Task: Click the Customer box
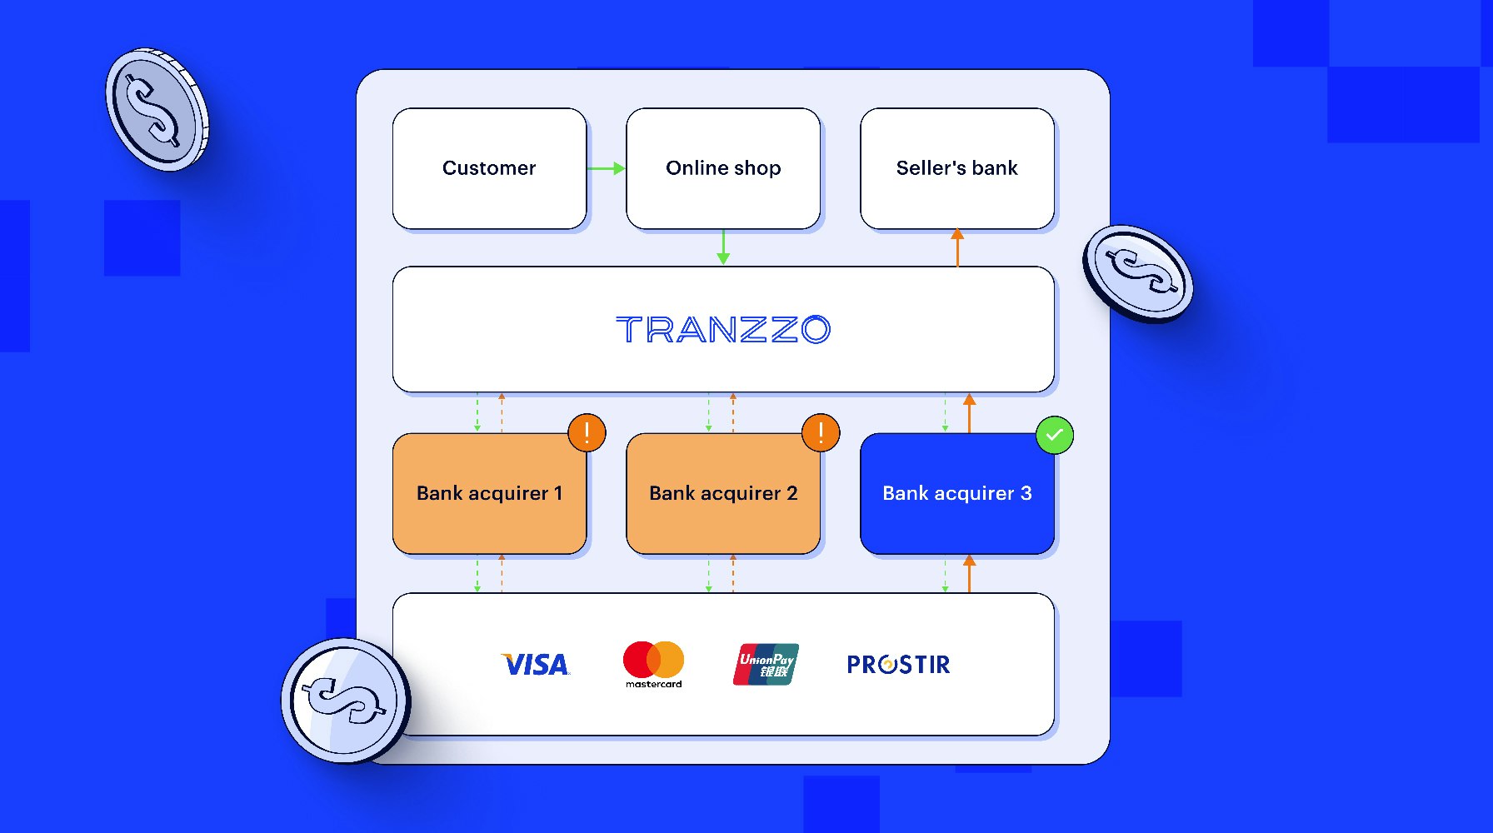click(x=489, y=168)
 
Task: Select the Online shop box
click(x=723, y=168)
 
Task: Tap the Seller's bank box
click(x=956, y=168)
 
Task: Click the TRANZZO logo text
click(x=723, y=330)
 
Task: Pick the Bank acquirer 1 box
click(x=489, y=494)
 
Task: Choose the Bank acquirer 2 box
click(x=723, y=494)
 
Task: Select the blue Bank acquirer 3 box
click(x=956, y=494)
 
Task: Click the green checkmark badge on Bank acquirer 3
click(x=1054, y=435)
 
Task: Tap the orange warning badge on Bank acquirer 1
click(x=587, y=433)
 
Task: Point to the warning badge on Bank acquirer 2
click(x=821, y=433)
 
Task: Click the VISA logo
click(x=536, y=665)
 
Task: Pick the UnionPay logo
click(x=766, y=664)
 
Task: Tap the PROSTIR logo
click(x=898, y=665)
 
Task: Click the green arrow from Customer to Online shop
click(x=606, y=168)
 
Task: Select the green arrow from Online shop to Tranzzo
click(x=723, y=247)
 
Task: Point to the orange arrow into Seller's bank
click(x=957, y=247)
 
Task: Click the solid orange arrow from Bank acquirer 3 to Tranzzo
click(x=969, y=412)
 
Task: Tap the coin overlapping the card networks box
click(x=346, y=700)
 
